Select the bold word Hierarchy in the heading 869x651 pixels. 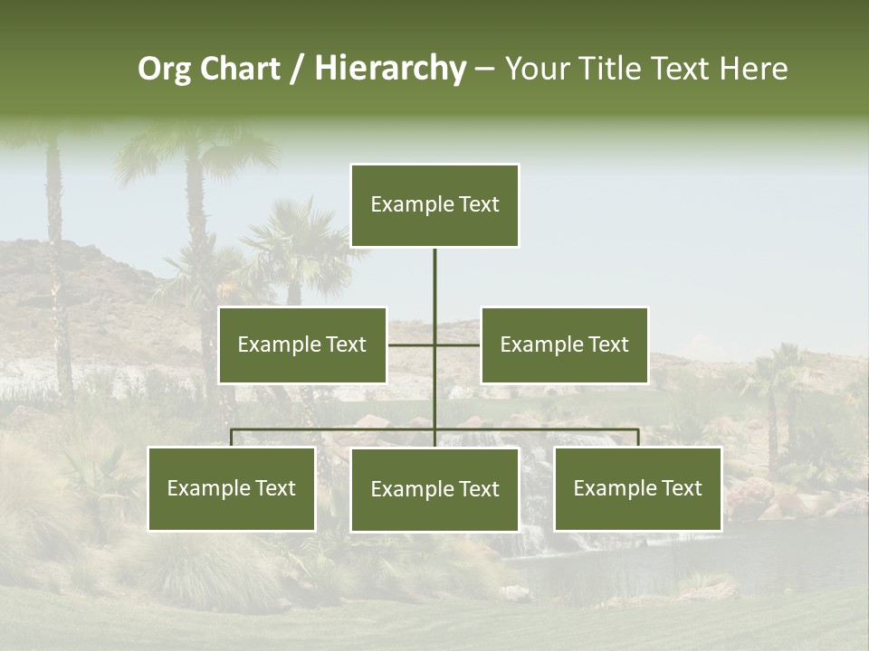[x=390, y=69]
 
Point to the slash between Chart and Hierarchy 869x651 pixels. [x=296, y=69]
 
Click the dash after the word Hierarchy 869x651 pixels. [x=484, y=69]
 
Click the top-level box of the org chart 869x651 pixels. [x=434, y=205]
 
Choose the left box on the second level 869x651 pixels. [x=302, y=344]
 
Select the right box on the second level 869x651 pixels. [x=564, y=344]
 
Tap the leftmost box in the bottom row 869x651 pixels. [x=232, y=489]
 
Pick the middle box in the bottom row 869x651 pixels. [x=434, y=489]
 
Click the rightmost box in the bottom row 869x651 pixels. [x=638, y=489]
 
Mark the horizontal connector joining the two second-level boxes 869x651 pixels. [x=412, y=344]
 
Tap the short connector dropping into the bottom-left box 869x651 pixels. [x=232, y=438]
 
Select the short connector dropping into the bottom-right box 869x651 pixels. [x=638, y=438]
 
